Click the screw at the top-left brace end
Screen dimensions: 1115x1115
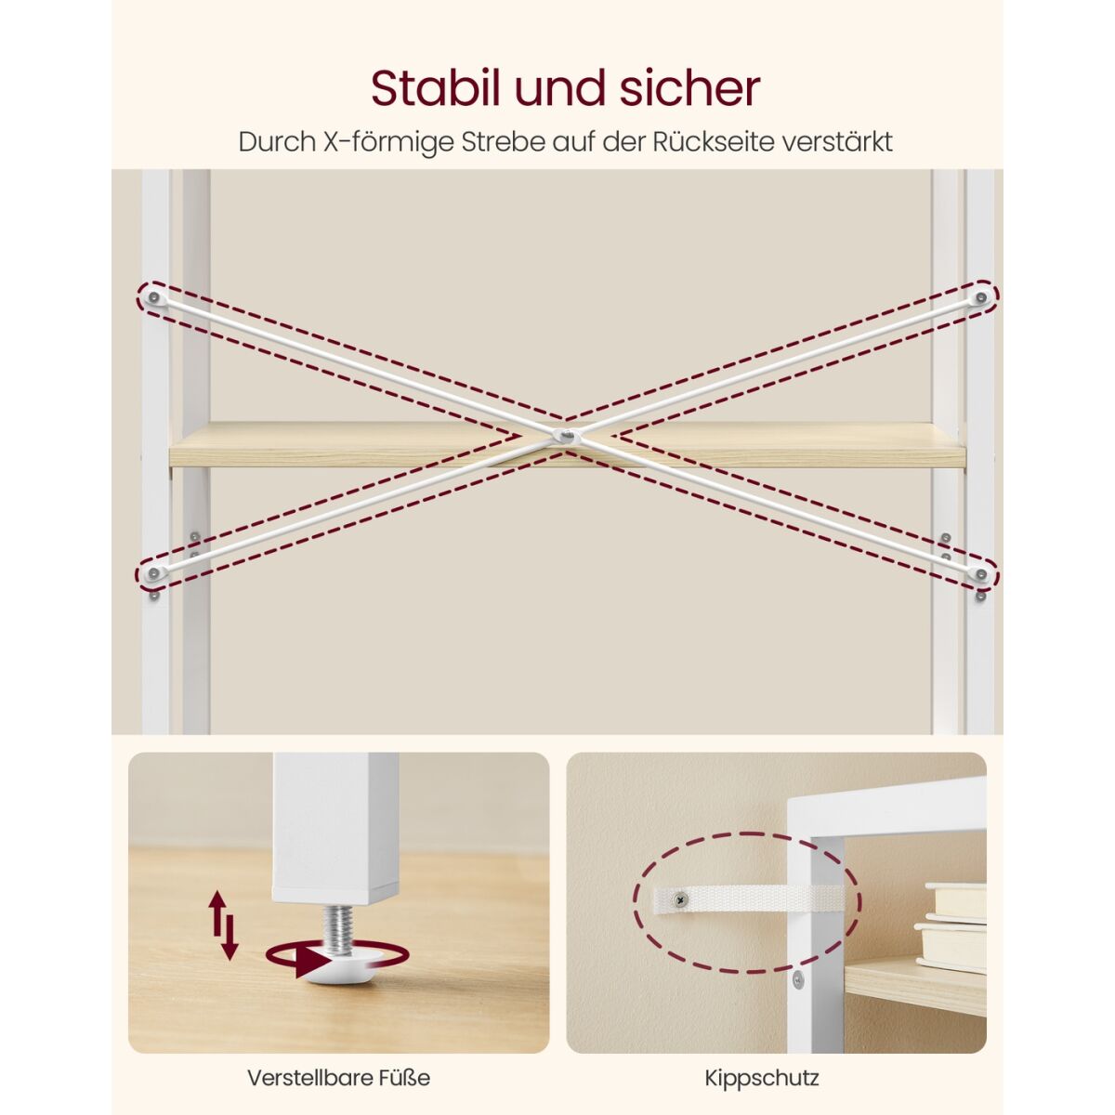click(x=153, y=297)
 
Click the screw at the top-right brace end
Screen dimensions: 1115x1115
click(x=981, y=297)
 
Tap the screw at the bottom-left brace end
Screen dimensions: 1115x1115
click(x=153, y=573)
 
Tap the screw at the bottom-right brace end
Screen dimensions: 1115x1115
click(x=981, y=573)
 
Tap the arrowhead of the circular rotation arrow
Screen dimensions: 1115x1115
click(x=313, y=962)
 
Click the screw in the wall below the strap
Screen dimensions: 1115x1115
click(x=798, y=979)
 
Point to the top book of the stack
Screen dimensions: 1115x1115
click(x=955, y=901)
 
